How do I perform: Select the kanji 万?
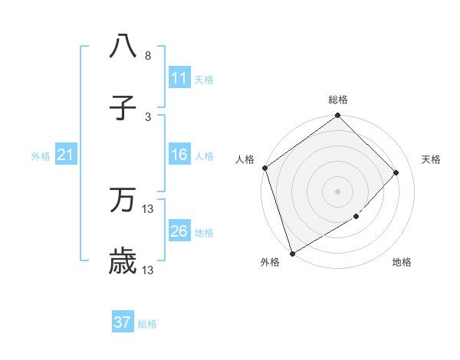123,201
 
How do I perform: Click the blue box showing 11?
179,77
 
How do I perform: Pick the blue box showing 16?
179,155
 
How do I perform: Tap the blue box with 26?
179,231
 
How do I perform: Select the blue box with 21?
66,155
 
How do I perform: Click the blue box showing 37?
123,322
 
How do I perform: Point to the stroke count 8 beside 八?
148,56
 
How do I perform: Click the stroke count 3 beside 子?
148,117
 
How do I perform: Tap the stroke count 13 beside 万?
148,209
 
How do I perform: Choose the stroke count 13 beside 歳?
148,270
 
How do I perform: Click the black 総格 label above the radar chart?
338,100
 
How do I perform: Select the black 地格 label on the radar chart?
402,263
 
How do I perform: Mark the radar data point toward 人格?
264,168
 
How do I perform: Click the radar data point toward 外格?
292,253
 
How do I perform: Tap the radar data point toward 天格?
396,172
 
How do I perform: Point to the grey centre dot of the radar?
337,191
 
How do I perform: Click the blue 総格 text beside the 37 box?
147,324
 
